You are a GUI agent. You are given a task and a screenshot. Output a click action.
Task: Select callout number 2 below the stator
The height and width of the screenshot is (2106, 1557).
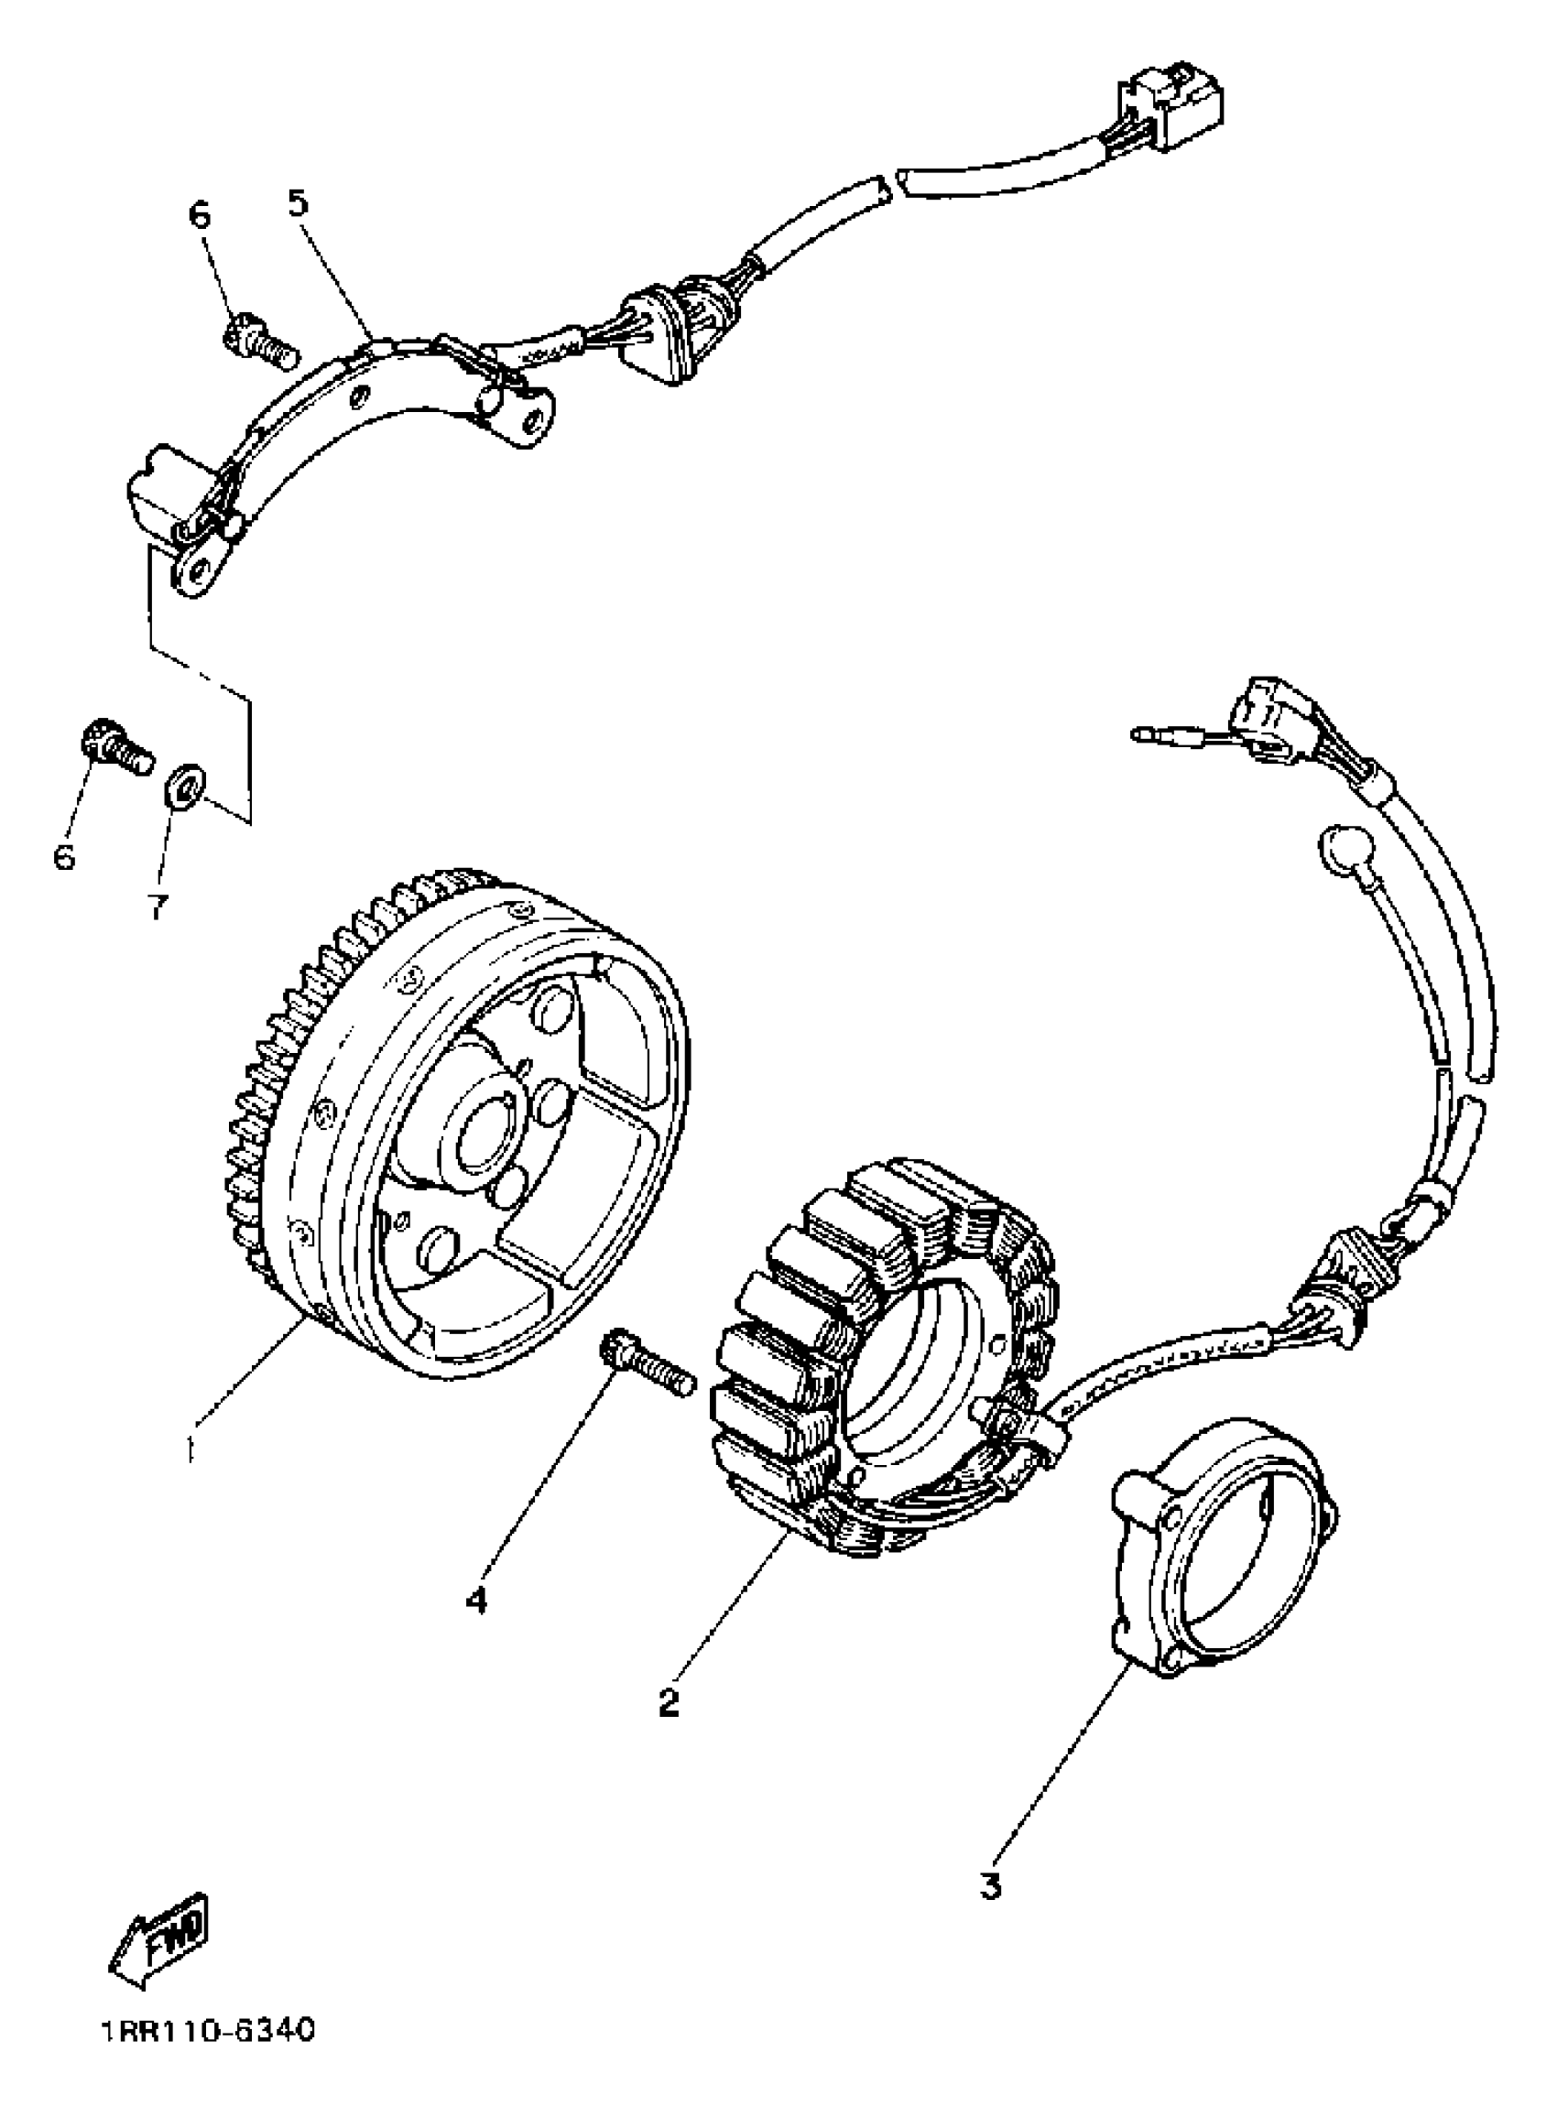click(x=669, y=1702)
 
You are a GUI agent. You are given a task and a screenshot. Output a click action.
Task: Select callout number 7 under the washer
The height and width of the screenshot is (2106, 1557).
click(x=158, y=906)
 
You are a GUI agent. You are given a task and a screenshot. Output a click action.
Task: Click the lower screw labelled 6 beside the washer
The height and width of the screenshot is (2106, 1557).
click(x=116, y=747)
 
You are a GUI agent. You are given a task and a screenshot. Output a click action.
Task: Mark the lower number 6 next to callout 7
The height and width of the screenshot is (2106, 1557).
click(x=63, y=856)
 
